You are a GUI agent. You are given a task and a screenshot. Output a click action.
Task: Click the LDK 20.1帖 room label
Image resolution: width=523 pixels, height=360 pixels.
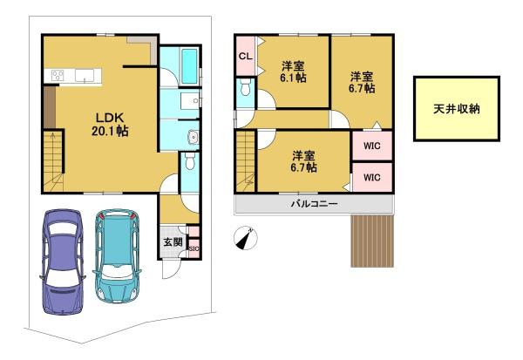[110, 124]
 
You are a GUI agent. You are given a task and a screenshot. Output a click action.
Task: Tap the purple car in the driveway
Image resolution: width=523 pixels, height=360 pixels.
[63, 262]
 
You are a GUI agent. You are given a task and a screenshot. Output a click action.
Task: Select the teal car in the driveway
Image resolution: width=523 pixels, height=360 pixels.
[118, 255]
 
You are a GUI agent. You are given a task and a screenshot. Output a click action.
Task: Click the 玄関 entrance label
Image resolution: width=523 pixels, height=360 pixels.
[173, 242]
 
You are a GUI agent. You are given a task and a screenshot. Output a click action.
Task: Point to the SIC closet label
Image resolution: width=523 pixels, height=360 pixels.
[194, 249]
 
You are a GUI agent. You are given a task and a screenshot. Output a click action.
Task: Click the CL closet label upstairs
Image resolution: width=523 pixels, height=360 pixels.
[246, 57]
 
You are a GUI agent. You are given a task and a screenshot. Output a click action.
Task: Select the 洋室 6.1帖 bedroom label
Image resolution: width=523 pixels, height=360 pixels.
[293, 71]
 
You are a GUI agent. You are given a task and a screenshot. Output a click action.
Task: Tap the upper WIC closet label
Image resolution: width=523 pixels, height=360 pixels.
[372, 146]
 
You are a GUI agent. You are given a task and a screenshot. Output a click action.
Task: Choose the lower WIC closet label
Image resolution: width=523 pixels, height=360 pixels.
[372, 177]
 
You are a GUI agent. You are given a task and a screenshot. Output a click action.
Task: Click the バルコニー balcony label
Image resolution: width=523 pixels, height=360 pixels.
[315, 203]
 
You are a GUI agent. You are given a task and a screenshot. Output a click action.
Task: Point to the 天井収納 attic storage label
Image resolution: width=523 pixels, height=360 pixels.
[457, 109]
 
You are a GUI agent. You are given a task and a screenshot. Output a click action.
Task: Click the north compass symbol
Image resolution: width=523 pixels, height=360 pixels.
[246, 238]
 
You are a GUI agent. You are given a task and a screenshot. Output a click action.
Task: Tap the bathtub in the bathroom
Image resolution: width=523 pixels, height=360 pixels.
[189, 66]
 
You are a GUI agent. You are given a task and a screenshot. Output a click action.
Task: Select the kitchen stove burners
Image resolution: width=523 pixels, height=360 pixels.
[58, 75]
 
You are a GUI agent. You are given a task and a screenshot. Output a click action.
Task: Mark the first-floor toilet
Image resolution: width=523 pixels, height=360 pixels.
[190, 160]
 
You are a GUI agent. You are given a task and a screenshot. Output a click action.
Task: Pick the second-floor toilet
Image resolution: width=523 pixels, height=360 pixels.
[245, 87]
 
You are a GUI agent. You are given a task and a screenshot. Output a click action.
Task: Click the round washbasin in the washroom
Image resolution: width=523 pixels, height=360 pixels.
[194, 136]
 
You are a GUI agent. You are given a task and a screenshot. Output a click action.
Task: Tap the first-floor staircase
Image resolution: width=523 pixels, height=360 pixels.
[53, 161]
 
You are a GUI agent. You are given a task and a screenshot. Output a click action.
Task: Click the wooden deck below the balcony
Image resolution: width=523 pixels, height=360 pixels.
[372, 241]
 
